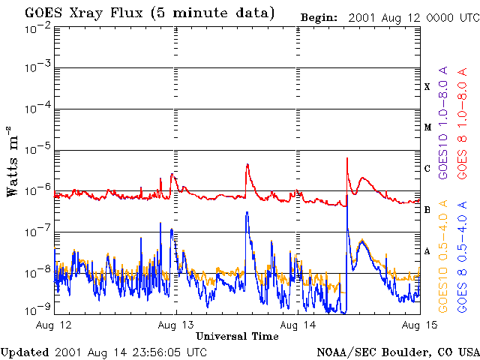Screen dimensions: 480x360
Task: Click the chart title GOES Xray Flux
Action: pos(84,13)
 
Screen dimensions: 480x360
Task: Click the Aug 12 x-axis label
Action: pos(53,325)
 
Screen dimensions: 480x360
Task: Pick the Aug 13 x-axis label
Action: pos(176,325)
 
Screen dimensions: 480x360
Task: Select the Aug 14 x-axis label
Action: pos(298,325)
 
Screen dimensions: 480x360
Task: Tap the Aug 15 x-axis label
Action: pos(420,325)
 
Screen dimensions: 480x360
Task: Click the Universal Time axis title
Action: pos(237,336)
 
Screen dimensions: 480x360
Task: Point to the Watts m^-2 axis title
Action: pos(12,161)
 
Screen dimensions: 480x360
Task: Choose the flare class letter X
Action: pos(427,87)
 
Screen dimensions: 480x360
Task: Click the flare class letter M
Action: pos(427,127)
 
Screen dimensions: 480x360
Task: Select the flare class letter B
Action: pos(427,210)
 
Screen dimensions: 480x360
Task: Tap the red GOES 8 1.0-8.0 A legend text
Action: pos(462,123)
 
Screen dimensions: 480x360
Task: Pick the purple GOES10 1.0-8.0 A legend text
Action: pos(443,123)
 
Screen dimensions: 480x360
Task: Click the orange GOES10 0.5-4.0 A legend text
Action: pos(443,256)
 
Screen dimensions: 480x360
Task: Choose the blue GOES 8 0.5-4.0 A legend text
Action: pos(462,256)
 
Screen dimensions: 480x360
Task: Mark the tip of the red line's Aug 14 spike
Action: pos(346,158)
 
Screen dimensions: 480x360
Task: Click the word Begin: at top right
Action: pos(319,18)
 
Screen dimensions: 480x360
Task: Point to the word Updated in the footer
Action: pos(25,352)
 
